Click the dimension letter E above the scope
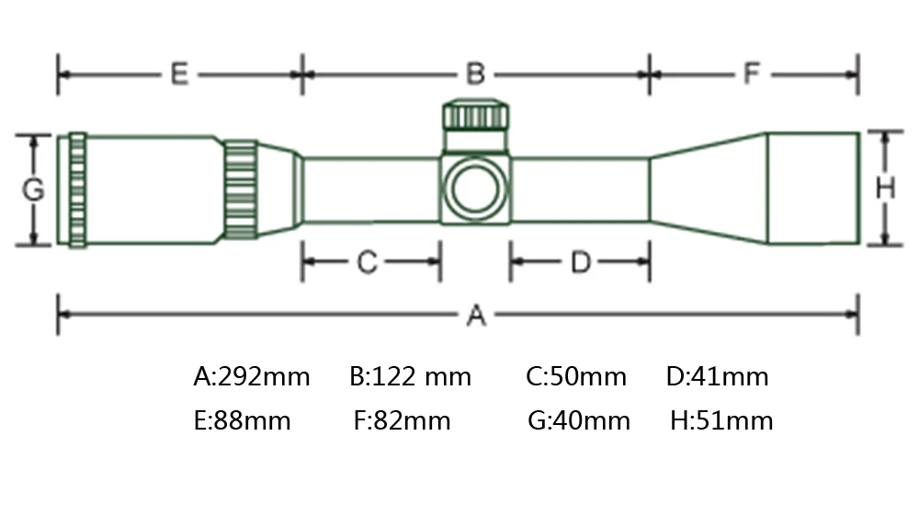point(179,74)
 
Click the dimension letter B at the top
point(474,74)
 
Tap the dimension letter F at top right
point(753,74)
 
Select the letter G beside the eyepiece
point(33,190)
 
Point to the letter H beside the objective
point(884,189)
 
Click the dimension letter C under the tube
point(367,263)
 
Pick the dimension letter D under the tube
point(580,263)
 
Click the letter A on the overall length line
point(475,316)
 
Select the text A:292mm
point(252,376)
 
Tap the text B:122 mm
point(411,376)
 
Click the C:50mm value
point(576,376)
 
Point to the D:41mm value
point(717,376)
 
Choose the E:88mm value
point(243,421)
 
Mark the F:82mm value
point(403,421)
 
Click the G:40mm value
point(579,421)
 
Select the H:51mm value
point(721,421)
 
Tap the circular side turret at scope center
point(475,189)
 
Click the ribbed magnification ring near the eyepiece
point(242,189)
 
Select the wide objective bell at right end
point(812,189)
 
